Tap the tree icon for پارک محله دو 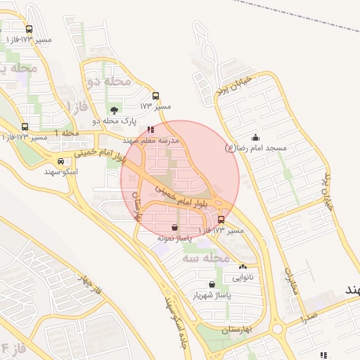click(115, 110)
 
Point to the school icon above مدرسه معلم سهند click(150, 130)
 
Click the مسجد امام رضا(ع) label click(256, 148)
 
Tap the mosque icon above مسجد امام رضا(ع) click(255, 138)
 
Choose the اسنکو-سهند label click(60, 171)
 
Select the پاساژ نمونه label click(174, 238)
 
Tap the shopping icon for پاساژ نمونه click(174, 227)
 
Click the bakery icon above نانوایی click(243, 266)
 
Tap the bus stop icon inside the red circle click(221, 219)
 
